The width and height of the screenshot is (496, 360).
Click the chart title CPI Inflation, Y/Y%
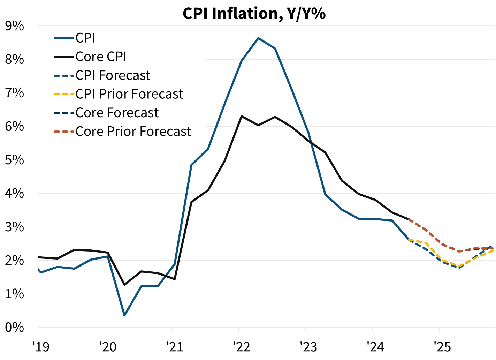[x=254, y=14]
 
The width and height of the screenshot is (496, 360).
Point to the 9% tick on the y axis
[x=14, y=26]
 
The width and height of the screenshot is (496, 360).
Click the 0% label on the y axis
[x=14, y=328]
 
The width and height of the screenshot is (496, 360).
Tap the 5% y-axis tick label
[x=14, y=160]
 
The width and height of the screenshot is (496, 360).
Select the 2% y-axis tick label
[x=14, y=261]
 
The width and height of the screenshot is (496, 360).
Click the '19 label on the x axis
[x=41, y=347]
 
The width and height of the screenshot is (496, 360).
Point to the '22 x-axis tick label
[x=242, y=347]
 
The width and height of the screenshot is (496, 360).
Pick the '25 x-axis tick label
[x=442, y=347]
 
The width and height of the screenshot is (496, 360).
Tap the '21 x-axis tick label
[x=175, y=347]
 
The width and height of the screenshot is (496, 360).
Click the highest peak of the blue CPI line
[x=258, y=38]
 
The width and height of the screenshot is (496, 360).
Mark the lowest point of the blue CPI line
[x=124, y=315]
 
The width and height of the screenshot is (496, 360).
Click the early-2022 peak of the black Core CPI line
[x=242, y=116]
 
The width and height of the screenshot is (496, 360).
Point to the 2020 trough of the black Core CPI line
[x=124, y=285]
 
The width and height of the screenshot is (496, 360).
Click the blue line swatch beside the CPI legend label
[x=64, y=38]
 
